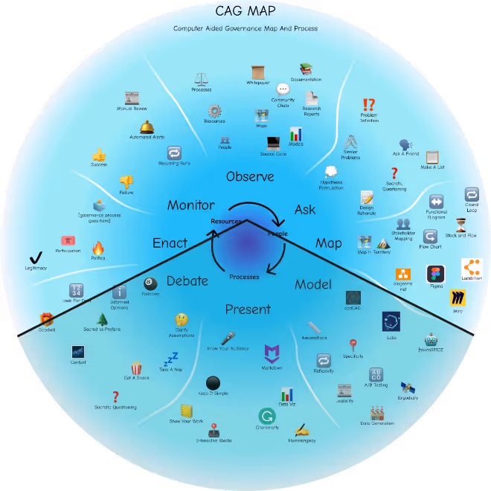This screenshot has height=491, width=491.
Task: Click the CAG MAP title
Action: click(245, 11)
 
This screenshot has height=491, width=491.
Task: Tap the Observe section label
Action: click(250, 176)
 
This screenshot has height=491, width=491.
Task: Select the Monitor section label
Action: click(191, 205)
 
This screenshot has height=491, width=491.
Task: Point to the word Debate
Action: click(187, 280)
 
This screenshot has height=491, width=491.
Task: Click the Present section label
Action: click(248, 309)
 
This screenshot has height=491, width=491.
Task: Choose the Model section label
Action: click(313, 284)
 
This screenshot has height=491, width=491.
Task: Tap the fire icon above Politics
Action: click(98, 248)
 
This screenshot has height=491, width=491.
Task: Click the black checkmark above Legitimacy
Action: click(34, 257)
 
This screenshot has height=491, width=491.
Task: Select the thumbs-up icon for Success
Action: click(99, 154)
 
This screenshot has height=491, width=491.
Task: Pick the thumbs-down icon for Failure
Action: click(126, 181)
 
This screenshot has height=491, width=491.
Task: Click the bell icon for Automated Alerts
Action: click(147, 127)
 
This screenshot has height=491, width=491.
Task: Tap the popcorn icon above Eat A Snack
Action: click(137, 368)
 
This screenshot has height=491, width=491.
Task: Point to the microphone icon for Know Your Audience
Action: click(228, 338)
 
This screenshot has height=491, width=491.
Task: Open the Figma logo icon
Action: click(435, 274)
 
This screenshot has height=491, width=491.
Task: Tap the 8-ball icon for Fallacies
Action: click(150, 283)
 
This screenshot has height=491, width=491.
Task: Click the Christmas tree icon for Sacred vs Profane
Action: click(103, 319)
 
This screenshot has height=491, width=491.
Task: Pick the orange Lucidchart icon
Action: click(472, 267)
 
